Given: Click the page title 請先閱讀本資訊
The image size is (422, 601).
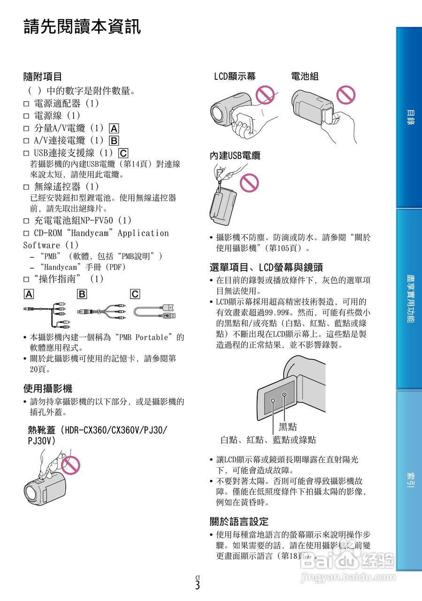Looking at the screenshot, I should [x=82, y=27].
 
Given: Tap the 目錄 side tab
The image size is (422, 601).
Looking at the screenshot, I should [x=409, y=117].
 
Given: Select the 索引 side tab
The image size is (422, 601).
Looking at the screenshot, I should [x=409, y=481].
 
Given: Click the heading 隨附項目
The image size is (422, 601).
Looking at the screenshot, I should [x=43, y=77].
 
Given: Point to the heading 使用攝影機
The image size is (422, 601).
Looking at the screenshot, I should [x=48, y=389].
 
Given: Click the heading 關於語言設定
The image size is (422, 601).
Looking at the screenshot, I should [x=239, y=521].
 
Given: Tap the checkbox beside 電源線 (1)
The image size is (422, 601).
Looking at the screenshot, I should [x=26, y=116].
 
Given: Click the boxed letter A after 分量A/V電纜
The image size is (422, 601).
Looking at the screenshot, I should [x=114, y=128].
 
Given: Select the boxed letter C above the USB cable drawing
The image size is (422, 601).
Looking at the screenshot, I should [x=135, y=294].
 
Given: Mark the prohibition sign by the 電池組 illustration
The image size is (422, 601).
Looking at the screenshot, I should [x=346, y=94].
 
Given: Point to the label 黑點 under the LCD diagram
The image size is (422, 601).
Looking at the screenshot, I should [x=288, y=427].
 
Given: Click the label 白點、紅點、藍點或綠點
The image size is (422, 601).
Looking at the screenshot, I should [x=268, y=440].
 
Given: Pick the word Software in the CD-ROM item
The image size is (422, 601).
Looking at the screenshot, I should [x=42, y=245].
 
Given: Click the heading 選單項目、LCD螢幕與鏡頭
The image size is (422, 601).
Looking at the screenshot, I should [x=266, y=268].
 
